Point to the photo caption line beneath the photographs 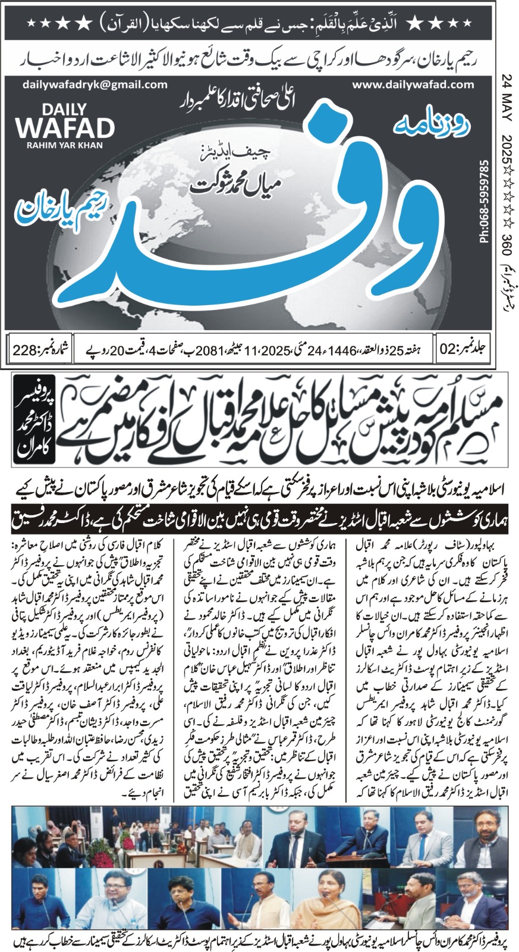259,941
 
